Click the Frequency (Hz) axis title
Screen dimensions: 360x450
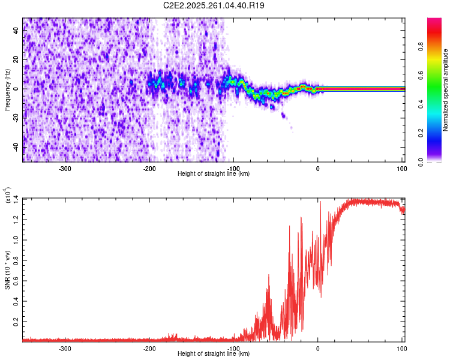tap(7, 90)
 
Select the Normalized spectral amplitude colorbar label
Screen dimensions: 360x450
tap(446, 90)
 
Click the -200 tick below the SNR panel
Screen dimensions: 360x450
tap(149, 349)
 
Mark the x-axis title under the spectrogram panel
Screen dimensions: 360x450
tap(214, 174)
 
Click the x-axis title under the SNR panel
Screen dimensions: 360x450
tap(214, 355)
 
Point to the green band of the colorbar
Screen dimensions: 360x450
tap(434, 90)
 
